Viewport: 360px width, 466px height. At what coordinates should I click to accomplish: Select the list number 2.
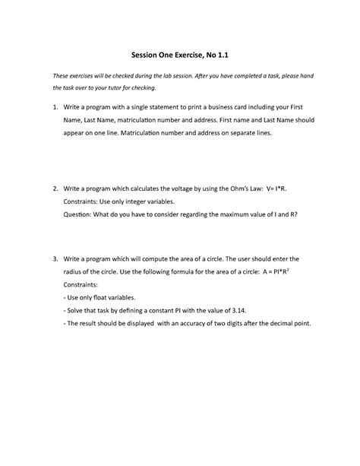pos(54,188)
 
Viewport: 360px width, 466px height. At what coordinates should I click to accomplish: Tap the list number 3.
pos(54,258)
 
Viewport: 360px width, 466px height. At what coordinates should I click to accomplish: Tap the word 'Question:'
pos(82,214)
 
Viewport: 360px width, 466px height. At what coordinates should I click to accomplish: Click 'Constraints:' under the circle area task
pos(85,284)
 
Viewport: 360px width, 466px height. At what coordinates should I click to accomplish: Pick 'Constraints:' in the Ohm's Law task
pos(85,201)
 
